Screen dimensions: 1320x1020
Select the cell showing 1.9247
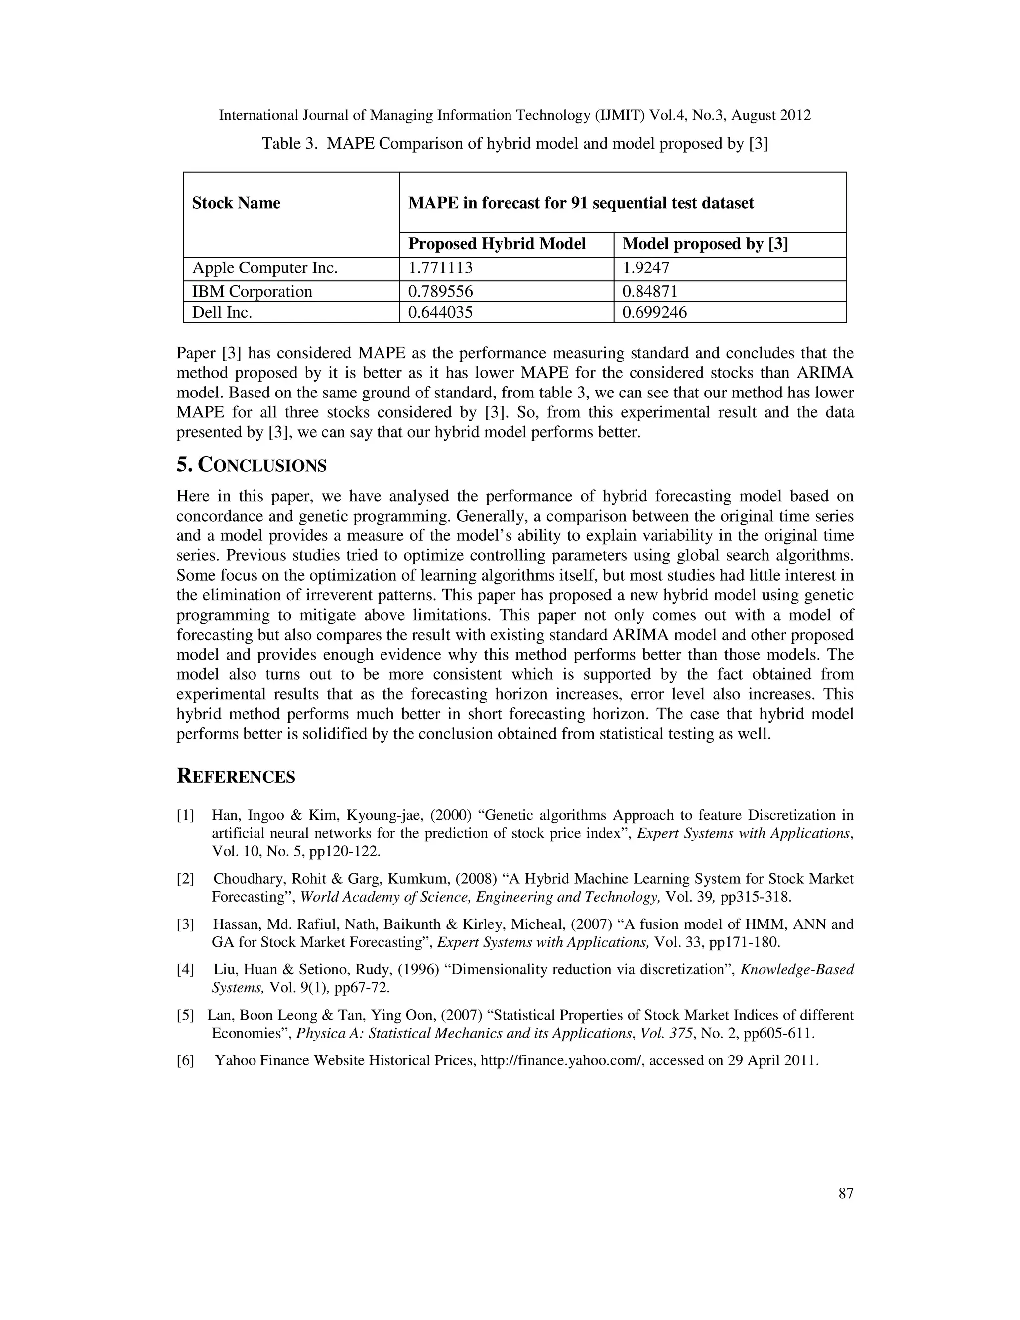pos(646,268)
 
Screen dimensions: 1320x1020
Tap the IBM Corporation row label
pos(252,291)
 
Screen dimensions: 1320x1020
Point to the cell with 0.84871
pos(649,291)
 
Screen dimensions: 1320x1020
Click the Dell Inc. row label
pos(222,312)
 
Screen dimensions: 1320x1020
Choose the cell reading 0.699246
pos(654,312)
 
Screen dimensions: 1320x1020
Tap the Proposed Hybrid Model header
pos(497,244)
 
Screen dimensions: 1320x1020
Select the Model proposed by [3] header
pos(705,244)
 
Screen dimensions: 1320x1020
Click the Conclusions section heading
pos(252,465)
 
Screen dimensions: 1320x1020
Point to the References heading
pos(236,776)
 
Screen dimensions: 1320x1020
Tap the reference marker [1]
pos(185,815)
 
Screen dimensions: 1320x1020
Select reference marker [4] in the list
pos(185,969)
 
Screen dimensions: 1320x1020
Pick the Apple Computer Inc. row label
pos(264,268)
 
